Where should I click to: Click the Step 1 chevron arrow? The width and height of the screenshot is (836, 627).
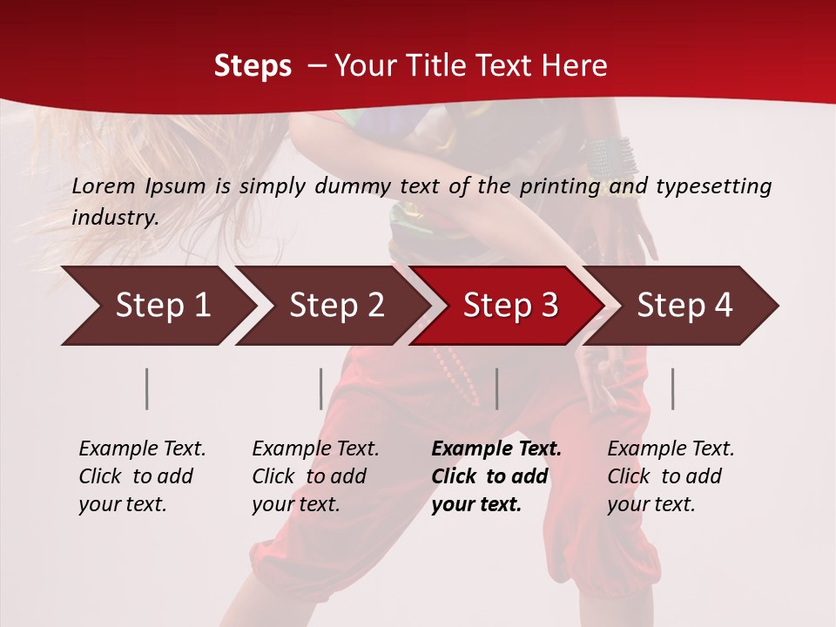157,306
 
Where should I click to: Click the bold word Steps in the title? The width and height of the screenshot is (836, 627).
253,66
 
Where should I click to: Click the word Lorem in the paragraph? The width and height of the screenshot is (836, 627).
100,185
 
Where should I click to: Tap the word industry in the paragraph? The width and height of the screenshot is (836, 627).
114,217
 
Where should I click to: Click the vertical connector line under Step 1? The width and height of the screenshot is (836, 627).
147,388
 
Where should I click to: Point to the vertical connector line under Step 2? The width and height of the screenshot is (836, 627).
321,388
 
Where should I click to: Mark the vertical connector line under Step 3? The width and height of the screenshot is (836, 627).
496,388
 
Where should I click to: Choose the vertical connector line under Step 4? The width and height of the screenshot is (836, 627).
672,388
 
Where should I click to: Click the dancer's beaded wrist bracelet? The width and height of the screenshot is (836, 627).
611,158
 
